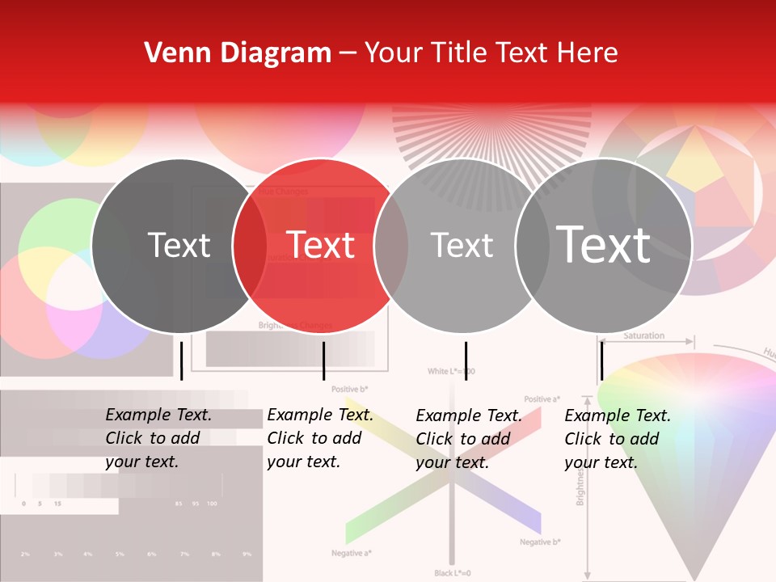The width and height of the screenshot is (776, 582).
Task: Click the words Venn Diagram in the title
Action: (x=238, y=53)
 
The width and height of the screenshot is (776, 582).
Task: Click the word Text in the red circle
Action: (x=321, y=245)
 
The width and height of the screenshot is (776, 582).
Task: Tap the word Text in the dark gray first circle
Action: (x=179, y=245)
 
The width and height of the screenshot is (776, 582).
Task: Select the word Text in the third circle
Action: (x=462, y=245)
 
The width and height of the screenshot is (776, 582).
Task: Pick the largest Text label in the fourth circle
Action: (x=604, y=244)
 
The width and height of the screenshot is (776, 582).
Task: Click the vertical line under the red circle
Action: (x=323, y=361)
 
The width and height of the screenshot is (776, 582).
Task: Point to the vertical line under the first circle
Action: (x=182, y=361)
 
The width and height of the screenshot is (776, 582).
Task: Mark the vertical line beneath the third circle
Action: (x=466, y=361)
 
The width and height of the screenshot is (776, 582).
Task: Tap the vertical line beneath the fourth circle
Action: (x=601, y=361)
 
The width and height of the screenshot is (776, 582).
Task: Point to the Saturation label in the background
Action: (x=644, y=335)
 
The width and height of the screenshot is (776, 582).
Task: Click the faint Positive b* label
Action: (x=350, y=390)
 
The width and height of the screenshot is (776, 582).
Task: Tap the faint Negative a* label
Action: (x=351, y=554)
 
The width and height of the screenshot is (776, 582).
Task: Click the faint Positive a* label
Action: (x=542, y=399)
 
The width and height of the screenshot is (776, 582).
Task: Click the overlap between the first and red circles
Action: (x=250, y=245)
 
